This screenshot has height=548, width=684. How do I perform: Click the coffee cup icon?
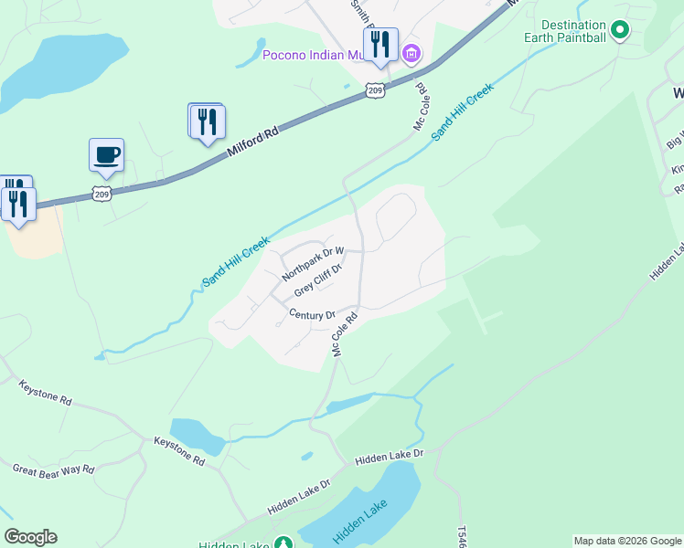106,154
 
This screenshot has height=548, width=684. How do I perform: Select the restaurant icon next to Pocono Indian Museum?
380,44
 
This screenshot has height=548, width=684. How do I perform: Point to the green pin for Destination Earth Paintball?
619,30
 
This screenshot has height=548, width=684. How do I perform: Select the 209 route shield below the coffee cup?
102,193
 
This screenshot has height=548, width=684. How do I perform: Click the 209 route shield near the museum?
374,90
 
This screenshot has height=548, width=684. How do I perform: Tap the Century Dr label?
313,315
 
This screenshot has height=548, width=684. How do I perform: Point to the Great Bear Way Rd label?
53,469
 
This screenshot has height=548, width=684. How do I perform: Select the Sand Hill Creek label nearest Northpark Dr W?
235,261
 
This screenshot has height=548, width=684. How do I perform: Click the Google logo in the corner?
30,537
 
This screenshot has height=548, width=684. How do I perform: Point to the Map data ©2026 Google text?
626,541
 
